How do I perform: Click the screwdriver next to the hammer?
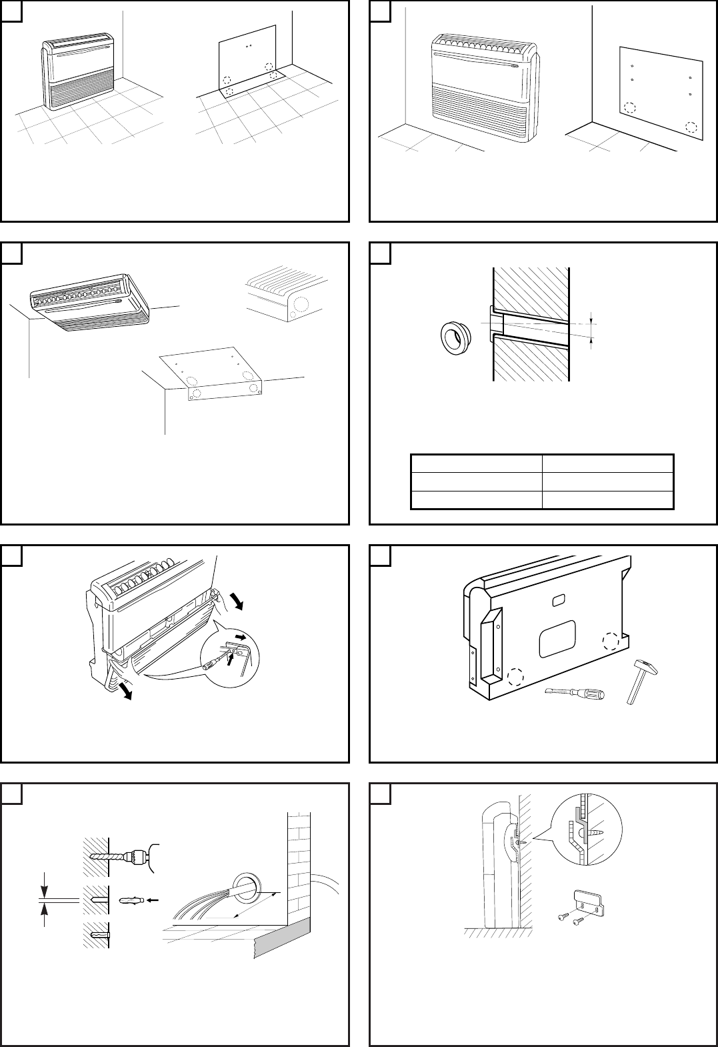point(575,694)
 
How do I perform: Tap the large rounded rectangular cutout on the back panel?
point(558,636)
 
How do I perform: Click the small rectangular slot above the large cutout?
point(557,602)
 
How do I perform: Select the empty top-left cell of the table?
point(475,463)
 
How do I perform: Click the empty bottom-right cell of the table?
point(607,499)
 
